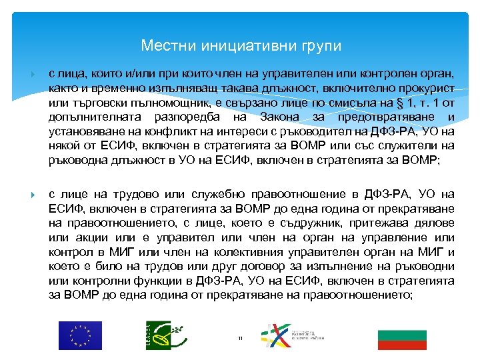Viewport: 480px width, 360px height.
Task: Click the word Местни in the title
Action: click(162, 46)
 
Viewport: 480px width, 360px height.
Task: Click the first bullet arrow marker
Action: click(33, 72)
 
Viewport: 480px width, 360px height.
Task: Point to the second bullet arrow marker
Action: click(33, 195)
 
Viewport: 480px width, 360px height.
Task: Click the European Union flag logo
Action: click(79, 335)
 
